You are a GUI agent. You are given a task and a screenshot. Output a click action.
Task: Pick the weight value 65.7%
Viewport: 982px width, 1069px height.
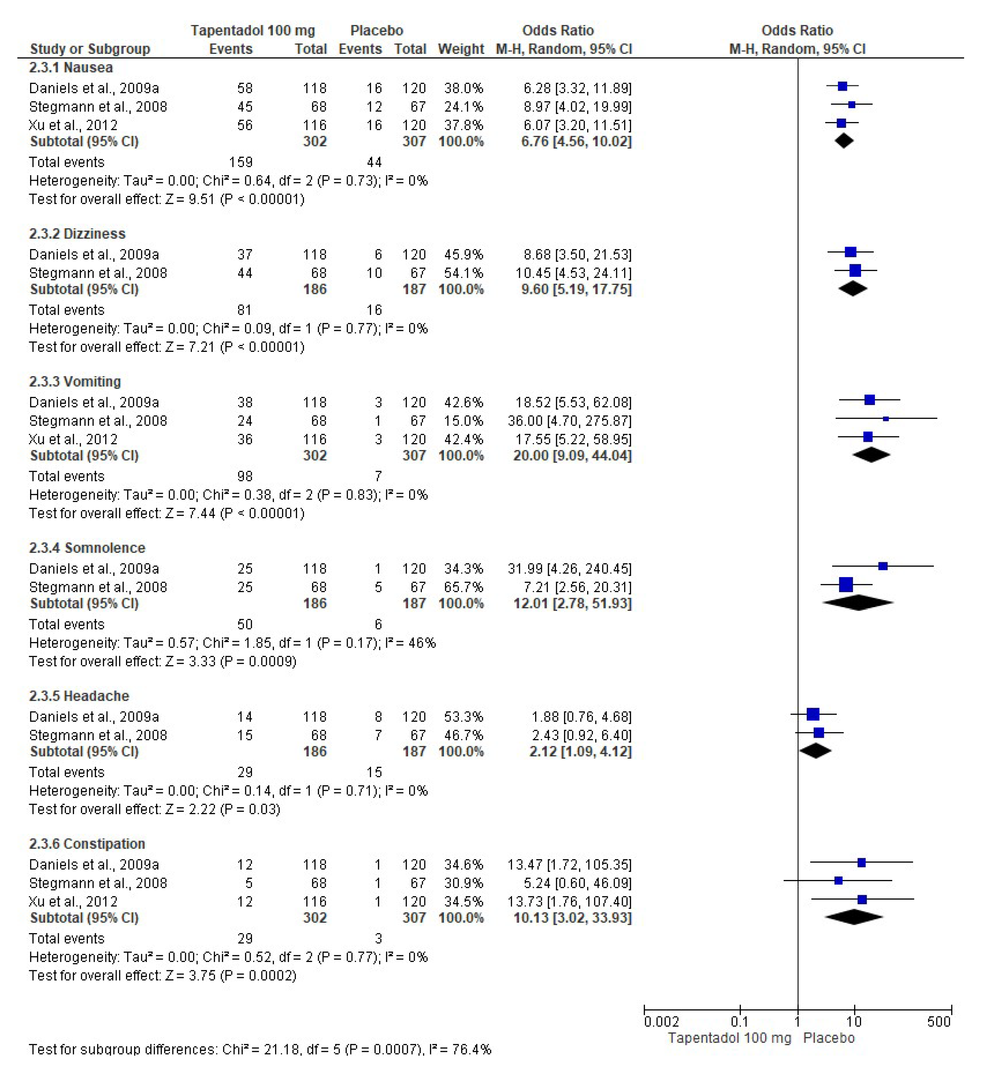point(463,587)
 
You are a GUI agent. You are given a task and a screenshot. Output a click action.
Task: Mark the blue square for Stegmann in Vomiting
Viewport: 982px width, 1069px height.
point(886,419)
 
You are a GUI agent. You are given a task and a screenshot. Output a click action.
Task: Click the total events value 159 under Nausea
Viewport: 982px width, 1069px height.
point(241,162)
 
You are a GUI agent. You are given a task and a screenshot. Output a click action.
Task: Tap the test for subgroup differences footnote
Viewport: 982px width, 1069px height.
point(260,1049)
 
